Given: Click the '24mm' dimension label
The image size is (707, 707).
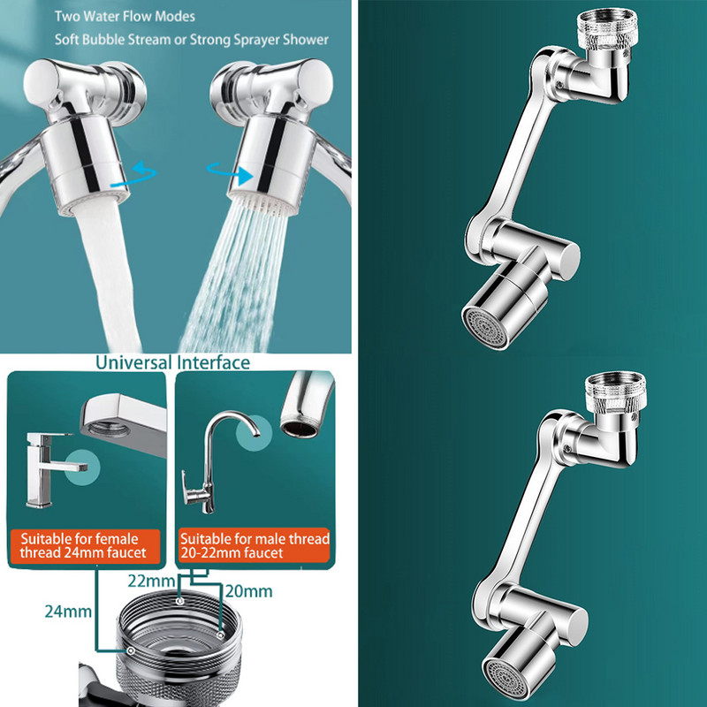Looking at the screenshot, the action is (68, 612).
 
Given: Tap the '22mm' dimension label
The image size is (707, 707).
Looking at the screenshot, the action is (151, 582).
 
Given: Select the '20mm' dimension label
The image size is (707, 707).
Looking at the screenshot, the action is (249, 591).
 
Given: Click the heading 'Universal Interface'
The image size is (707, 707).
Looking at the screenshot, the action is (172, 362).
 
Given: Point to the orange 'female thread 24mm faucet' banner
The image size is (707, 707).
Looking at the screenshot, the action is (84, 546).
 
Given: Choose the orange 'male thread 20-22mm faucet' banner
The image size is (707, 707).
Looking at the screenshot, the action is (255, 545).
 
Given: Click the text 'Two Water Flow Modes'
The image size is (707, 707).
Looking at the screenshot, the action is (125, 17).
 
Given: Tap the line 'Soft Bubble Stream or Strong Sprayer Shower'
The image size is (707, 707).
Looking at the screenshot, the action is (192, 40).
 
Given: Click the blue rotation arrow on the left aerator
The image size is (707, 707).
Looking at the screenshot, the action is (134, 175).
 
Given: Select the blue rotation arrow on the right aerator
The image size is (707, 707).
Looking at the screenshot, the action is (230, 173).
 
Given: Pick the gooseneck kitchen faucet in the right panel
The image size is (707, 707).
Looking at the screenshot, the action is (216, 462).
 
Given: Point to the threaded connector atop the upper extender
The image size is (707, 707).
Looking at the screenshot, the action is (607, 27).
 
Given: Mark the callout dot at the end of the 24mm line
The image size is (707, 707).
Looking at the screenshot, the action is (130, 650).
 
